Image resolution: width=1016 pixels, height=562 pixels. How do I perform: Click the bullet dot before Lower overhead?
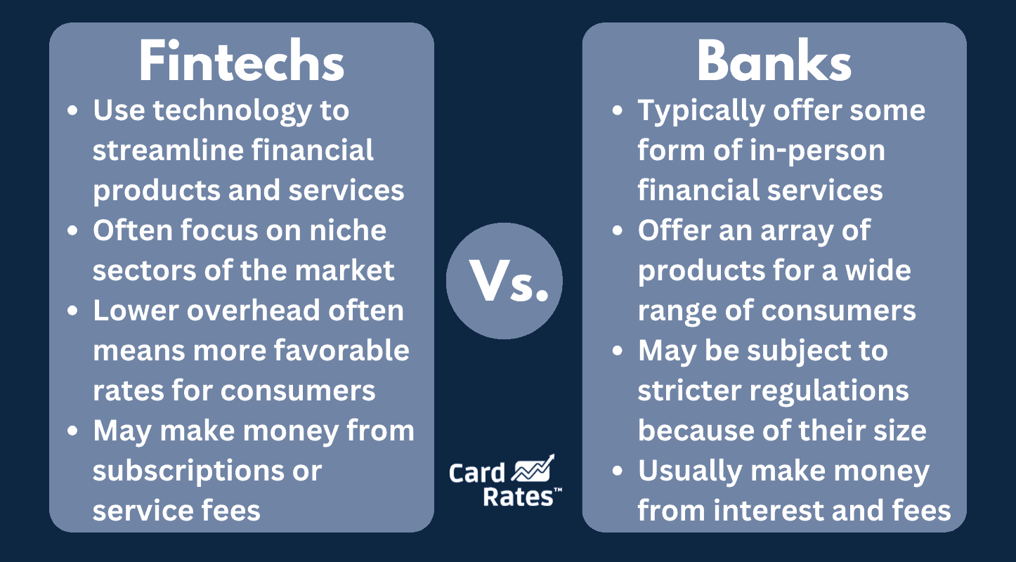click(72, 311)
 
